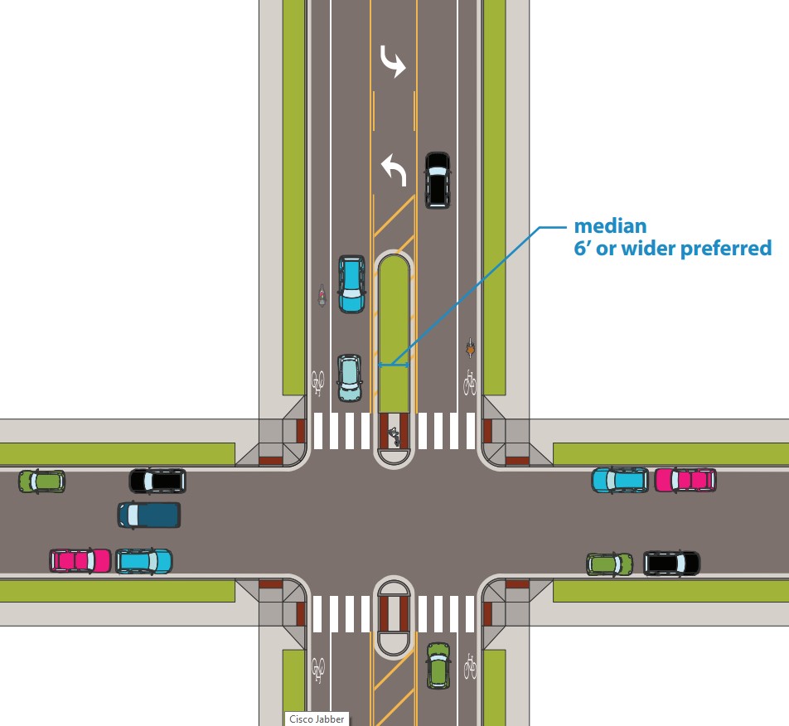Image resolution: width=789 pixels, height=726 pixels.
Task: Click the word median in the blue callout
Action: pyautogui.click(x=611, y=225)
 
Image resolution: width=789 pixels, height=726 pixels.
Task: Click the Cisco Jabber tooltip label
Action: pyautogui.click(x=316, y=719)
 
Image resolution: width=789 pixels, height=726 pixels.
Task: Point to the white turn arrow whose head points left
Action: pyautogui.click(x=393, y=172)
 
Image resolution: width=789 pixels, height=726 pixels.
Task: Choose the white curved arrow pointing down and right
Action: pyautogui.click(x=393, y=61)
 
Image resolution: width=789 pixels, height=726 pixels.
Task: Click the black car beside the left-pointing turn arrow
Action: pyautogui.click(x=437, y=179)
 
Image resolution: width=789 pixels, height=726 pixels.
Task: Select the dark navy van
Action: pyautogui.click(x=149, y=515)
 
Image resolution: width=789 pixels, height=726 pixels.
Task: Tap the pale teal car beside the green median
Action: pyautogui.click(x=350, y=377)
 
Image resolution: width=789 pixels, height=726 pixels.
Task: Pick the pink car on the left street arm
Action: pyautogui.click(x=80, y=560)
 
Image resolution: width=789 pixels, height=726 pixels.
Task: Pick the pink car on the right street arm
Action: pyautogui.click(x=685, y=480)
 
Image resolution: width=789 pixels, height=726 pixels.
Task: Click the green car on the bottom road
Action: pyautogui.click(x=438, y=665)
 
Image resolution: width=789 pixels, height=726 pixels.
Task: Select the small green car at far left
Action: pyautogui.click(x=41, y=481)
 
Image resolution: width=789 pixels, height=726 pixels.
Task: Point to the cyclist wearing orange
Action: pyautogui.click(x=470, y=349)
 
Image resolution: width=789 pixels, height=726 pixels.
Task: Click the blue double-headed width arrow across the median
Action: pyautogui.click(x=394, y=365)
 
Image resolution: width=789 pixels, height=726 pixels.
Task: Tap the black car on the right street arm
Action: pyautogui.click(x=671, y=564)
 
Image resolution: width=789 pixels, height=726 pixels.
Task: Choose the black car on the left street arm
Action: pyautogui.click(x=157, y=480)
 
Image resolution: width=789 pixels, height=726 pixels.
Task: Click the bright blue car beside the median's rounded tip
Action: pyautogui.click(x=351, y=283)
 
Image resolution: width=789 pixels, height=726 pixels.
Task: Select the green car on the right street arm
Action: pyautogui.click(x=610, y=564)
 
